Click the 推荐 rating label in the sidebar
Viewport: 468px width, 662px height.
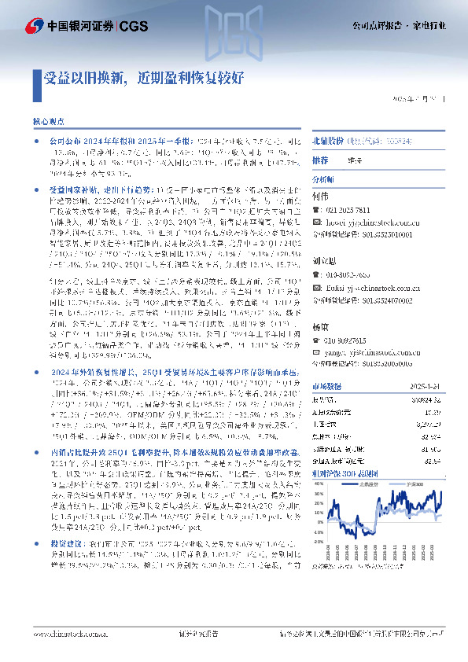pyautogui.click(x=320, y=159)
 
